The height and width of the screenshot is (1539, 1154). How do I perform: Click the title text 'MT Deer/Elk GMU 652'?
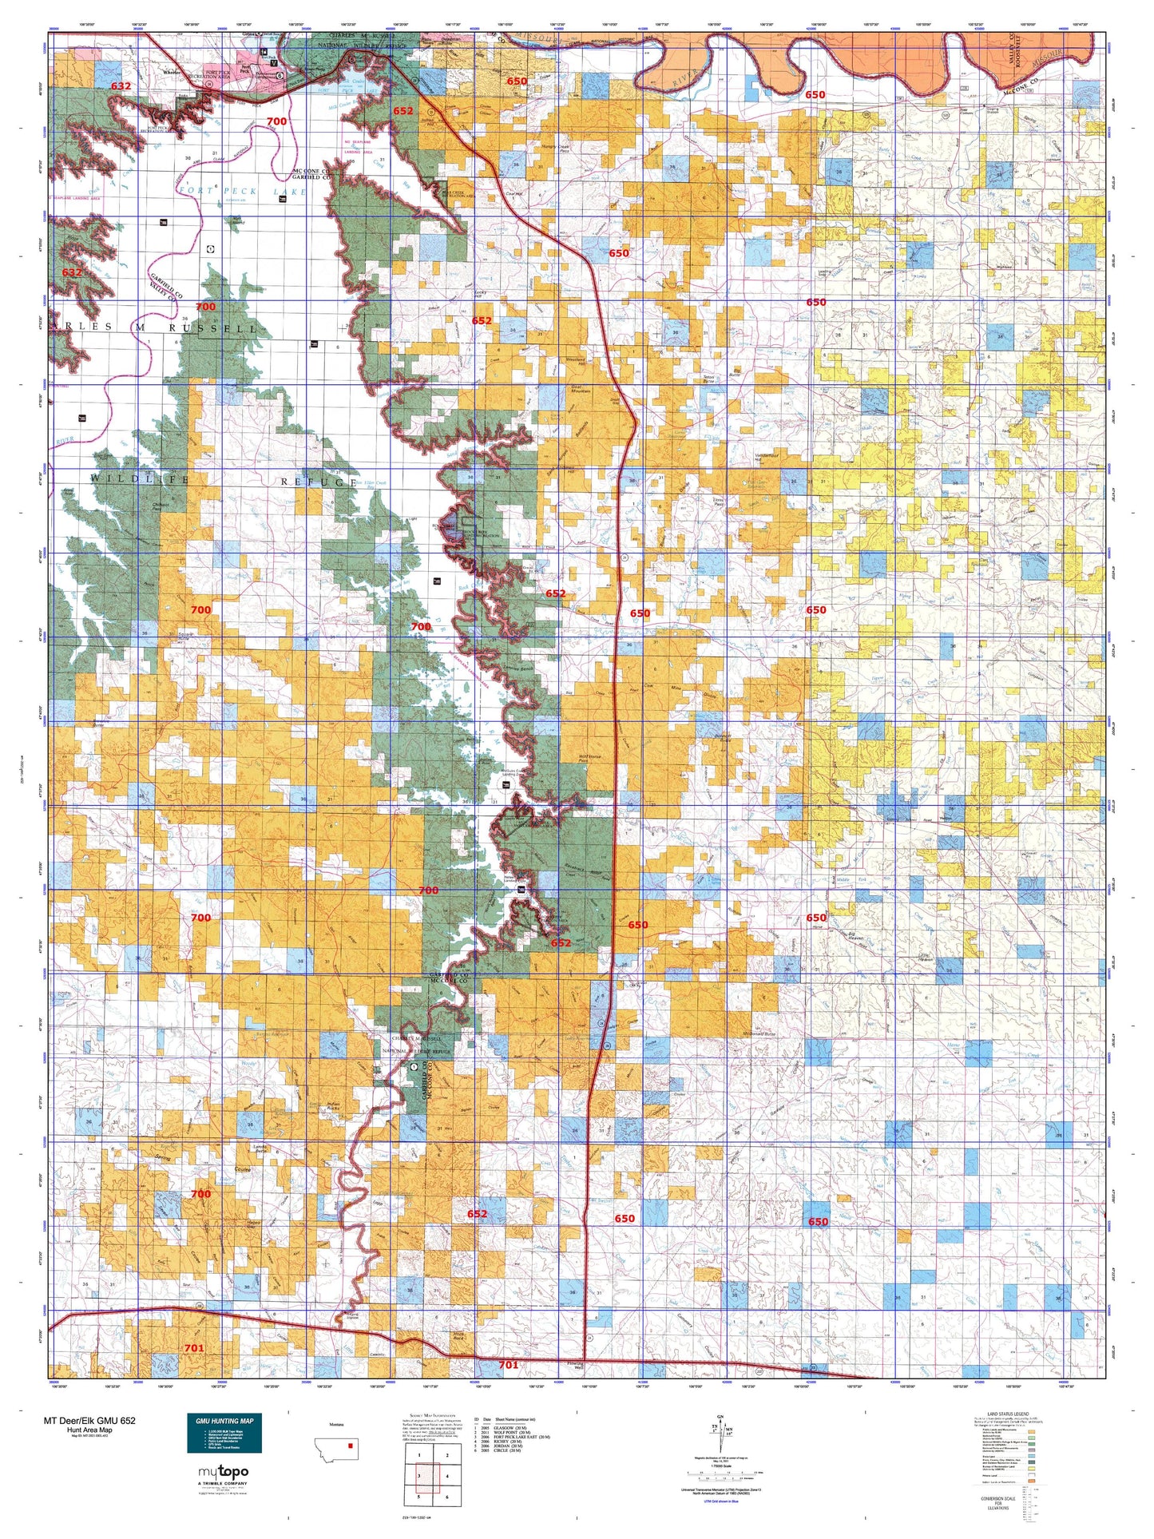coord(89,1420)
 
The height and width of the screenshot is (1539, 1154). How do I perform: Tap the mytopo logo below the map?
coord(224,1473)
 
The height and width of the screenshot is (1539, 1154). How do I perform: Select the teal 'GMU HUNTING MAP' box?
coord(224,1434)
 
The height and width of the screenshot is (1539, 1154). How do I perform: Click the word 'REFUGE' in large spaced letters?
coord(319,482)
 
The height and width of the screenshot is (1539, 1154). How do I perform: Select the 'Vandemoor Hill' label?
coord(764,459)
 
